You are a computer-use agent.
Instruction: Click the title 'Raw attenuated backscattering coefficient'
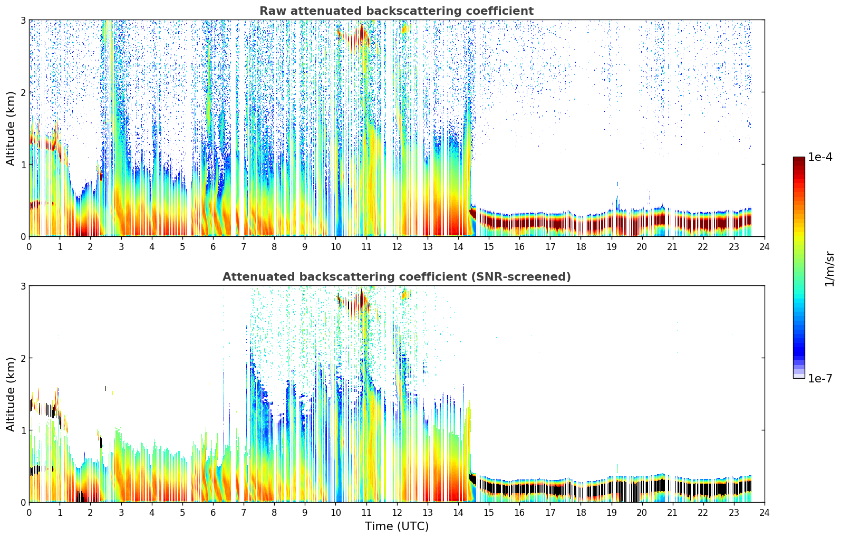pos(396,11)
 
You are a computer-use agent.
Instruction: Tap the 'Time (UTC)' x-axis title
pos(397,526)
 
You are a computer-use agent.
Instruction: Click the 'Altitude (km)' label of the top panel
pos(11,128)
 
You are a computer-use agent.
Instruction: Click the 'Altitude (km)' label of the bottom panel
pos(11,394)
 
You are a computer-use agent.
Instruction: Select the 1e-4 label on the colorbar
pos(820,157)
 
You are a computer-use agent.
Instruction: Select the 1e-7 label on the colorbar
pos(820,379)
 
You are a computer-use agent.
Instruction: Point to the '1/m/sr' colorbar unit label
pos(829,268)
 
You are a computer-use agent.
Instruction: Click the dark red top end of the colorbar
pos(798,160)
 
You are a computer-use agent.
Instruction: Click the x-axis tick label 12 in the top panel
pos(397,247)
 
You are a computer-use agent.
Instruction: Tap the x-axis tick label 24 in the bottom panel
pos(764,513)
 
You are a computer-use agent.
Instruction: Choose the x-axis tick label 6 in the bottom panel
pos(213,513)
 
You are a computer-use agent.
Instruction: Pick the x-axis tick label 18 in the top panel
pos(581,247)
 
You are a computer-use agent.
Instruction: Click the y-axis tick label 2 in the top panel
pos(23,92)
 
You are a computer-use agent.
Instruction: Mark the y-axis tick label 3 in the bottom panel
pos(23,286)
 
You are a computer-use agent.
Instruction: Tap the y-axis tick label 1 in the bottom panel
pos(23,430)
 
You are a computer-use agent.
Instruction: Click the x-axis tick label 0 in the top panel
pos(29,247)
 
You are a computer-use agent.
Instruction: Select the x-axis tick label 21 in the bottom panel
pos(672,513)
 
